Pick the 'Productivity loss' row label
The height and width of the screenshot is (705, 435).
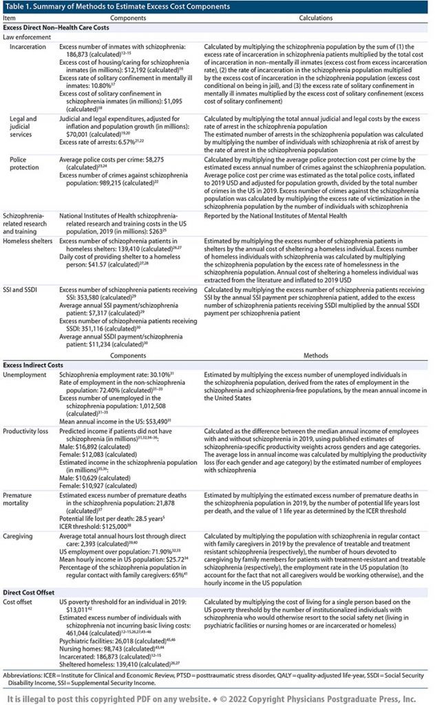point(29,429)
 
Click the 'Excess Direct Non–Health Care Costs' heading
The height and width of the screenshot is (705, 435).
point(64,28)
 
